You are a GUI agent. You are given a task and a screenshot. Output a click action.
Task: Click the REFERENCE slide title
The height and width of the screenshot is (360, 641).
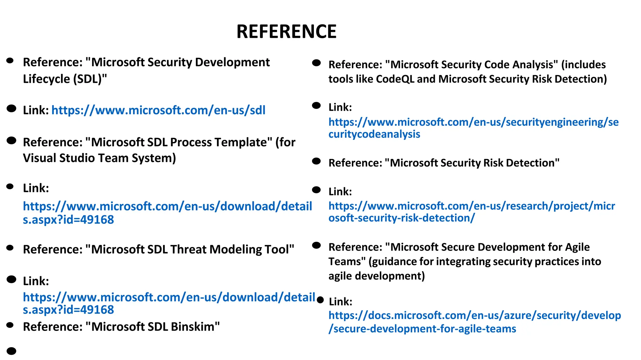(x=286, y=32)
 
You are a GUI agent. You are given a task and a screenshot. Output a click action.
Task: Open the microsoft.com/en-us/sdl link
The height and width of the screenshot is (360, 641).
(x=158, y=110)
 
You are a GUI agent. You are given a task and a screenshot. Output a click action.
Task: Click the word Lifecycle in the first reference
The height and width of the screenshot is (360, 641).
(x=46, y=79)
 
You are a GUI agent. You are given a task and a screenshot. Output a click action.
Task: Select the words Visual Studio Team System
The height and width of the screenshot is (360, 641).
(x=99, y=158)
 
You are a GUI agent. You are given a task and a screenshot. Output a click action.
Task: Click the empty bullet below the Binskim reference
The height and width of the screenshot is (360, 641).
(x=11, y=351)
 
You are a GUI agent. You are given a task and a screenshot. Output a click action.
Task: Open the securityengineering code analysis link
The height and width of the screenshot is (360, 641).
(x=473, y=122)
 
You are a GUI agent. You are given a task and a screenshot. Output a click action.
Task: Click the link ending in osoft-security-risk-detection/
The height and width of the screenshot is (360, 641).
(x=402, y=218)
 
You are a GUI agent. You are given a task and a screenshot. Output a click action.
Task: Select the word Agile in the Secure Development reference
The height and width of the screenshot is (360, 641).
(x=577, y=247)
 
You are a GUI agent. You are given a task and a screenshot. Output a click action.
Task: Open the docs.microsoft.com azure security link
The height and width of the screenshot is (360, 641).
(x=474, y=316)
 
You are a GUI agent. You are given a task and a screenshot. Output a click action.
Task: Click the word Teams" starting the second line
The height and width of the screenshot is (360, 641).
(x=347, y=261)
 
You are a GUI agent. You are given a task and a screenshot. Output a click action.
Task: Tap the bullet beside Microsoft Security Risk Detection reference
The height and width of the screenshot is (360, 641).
(x=316, y=161)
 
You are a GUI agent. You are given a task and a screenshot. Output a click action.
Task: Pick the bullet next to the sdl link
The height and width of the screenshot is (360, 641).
(x=11, y=109)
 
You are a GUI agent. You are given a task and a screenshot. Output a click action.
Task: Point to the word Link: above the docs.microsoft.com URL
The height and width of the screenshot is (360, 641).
(x=341, y=302)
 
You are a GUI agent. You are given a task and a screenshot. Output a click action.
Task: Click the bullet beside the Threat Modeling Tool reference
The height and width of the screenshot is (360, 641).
(x=10, y=248)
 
